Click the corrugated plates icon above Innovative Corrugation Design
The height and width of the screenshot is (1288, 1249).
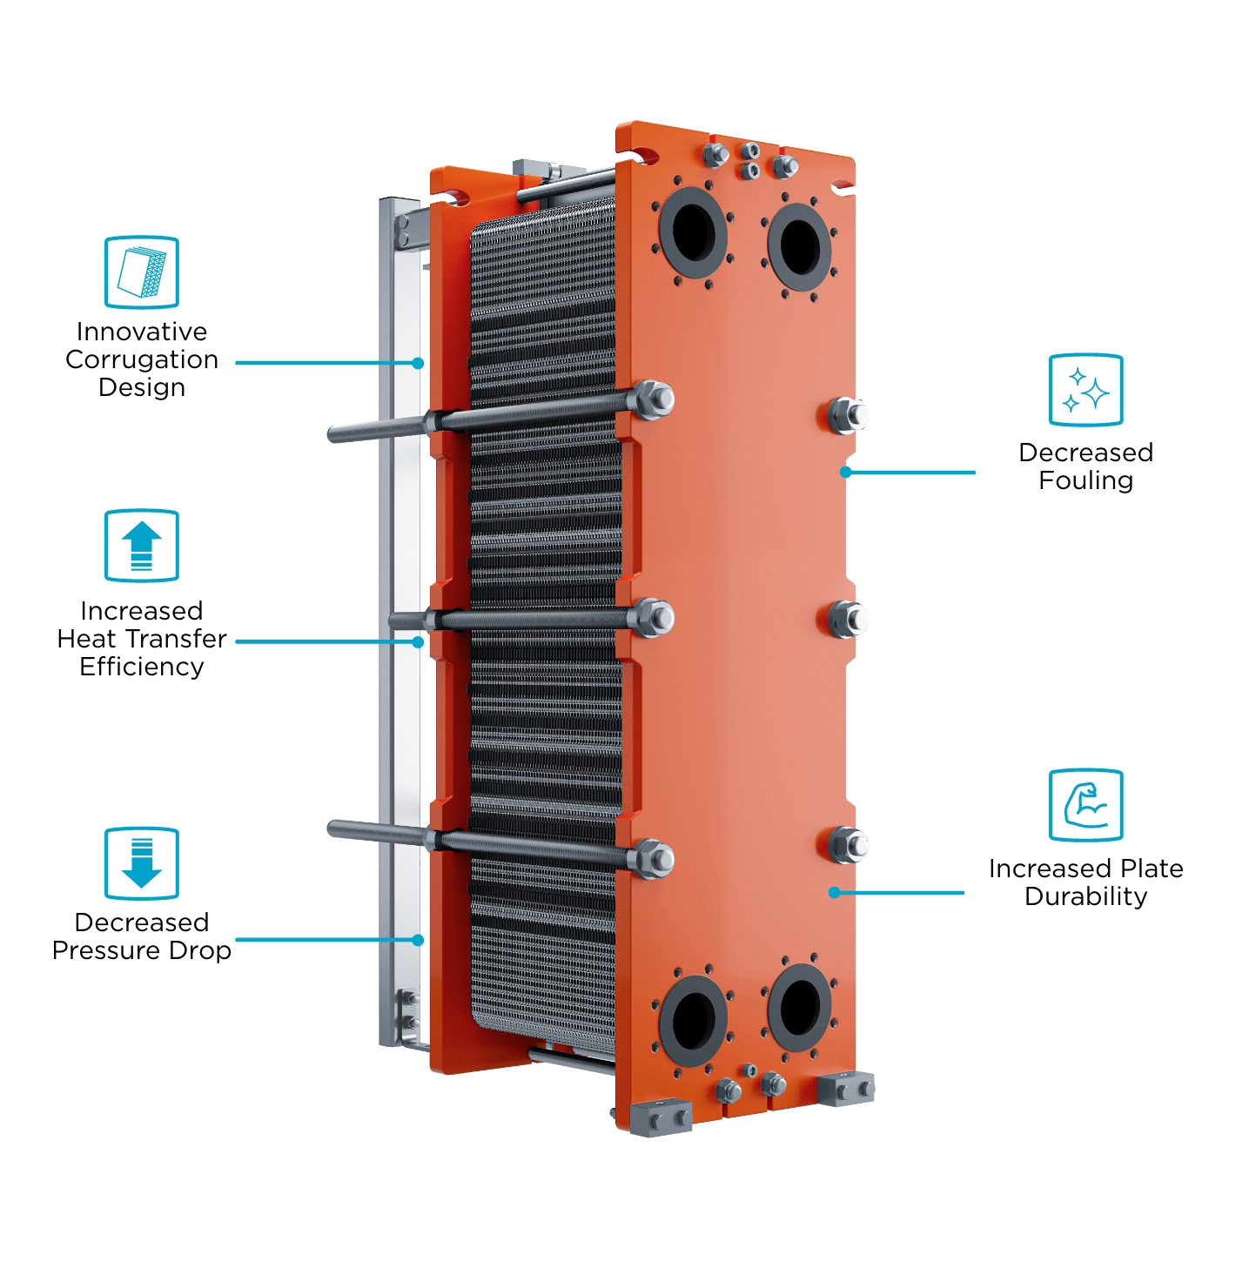click(x=142, y=272)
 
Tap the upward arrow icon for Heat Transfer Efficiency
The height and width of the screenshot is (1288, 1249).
click(x=142, y=546)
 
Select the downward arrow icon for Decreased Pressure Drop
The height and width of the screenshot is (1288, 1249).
click(x=142, y=863)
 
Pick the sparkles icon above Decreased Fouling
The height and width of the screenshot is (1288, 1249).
click(x=1085, y=390)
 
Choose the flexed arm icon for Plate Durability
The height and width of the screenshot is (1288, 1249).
click(x=1085, y=805)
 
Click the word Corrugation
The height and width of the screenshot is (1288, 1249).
click(x=142, y=359)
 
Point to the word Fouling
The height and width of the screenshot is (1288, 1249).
click(x=1085, y=480)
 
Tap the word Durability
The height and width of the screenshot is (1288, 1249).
click(x=1085, y=896)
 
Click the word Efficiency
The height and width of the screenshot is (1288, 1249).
click(x=142, y=667)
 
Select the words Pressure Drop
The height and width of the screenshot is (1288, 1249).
click(x=142, y=950)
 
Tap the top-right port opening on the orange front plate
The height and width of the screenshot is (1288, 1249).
click(x=800, y=247)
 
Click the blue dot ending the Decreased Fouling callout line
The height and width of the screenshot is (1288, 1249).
click(x=845, y=472)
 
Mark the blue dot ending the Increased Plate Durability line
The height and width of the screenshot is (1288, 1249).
click(x=834, y=893)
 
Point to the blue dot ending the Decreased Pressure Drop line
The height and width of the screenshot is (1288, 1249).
click(x=418, y=940)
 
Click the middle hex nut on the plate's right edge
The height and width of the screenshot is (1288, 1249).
click(x=848, y=620)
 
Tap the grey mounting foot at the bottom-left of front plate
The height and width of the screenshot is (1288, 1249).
click(x=661, y=1118)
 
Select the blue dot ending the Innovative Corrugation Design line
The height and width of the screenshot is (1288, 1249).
click(x=418, y=363)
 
